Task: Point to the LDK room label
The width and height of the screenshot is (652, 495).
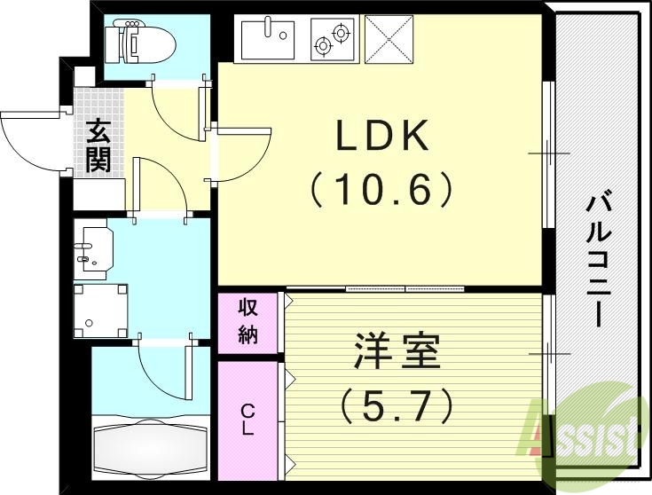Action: pos(382,137)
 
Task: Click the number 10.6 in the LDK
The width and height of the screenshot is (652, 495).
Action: pos(382,189)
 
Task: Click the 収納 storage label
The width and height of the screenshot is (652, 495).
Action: pos(247,323)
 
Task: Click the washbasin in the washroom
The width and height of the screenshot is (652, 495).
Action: pos(94,248)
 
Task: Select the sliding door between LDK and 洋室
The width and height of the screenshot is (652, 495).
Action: pos(405,289)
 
